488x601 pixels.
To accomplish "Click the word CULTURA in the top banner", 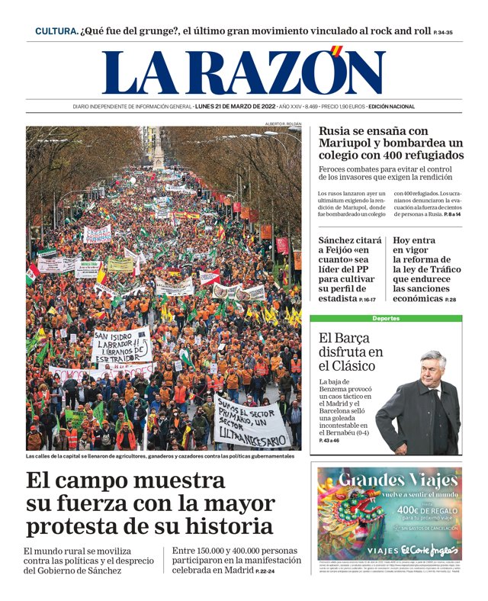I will coord(56,31).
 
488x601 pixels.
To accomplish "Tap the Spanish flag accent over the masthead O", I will coord(336,51).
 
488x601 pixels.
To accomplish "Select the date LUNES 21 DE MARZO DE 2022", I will coord(235,106).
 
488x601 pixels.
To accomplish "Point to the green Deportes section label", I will coord(385,318).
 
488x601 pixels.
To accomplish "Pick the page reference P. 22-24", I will coord(265,571).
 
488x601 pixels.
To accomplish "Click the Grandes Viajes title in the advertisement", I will coord(389,480).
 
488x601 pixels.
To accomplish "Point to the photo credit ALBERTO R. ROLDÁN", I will coord(283,124).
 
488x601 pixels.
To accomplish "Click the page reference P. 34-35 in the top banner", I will coord(443,33).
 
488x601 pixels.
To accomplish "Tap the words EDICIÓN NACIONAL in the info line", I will coord(391,106).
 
